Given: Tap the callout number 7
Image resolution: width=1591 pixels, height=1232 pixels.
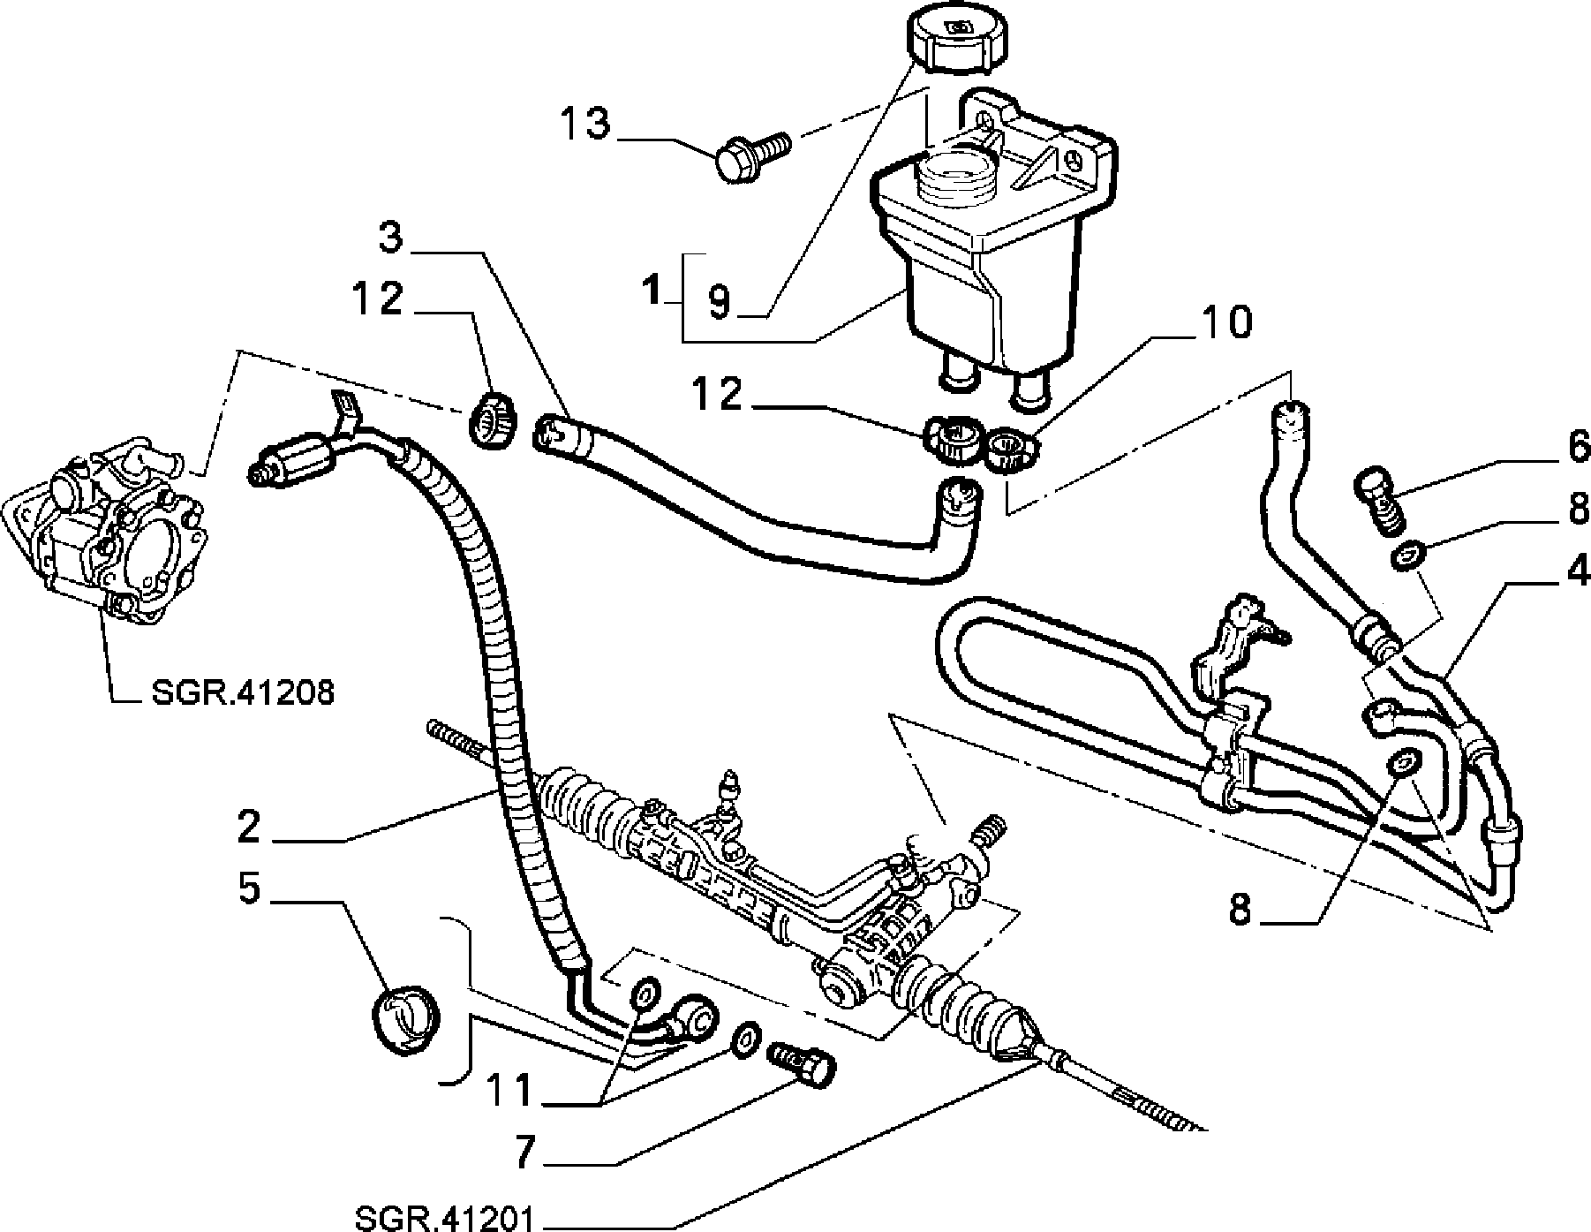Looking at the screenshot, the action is [x=526, y=1153].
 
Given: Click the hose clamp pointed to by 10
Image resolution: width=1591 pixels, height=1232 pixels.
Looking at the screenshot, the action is [x=1014, y=449].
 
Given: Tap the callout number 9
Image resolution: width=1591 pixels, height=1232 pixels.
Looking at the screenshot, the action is [x=720, y=302].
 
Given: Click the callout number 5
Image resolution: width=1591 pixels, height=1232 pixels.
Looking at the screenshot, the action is [x=250, y=890].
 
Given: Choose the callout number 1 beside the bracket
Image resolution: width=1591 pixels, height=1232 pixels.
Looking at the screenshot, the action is [x=653, y=290].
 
